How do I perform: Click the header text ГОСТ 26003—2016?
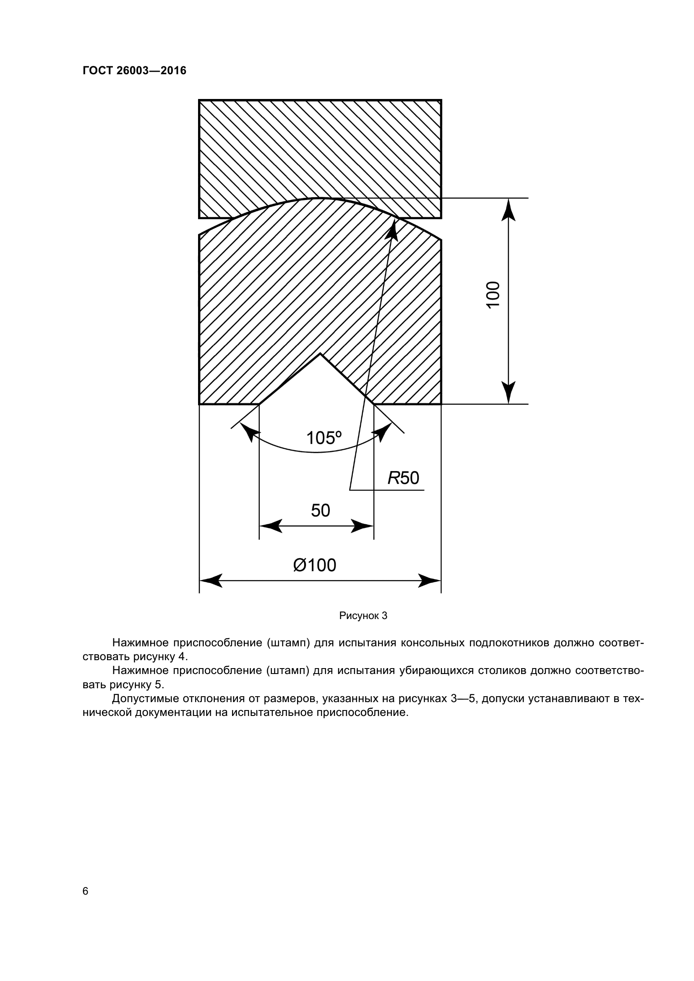(134, 70)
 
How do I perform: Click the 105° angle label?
(324, 438)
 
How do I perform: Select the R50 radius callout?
(403, 478)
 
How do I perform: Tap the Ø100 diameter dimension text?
(315, 565)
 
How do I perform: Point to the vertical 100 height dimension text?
(493, 294)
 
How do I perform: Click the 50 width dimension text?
(321, 510)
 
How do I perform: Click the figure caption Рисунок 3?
(363, 616)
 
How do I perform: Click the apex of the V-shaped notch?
(320, 354)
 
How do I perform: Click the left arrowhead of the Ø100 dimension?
(210, 580)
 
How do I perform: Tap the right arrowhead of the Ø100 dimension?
(430, 580)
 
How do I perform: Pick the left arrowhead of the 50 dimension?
(270, 526)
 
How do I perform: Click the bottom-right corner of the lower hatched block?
(441, 404)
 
